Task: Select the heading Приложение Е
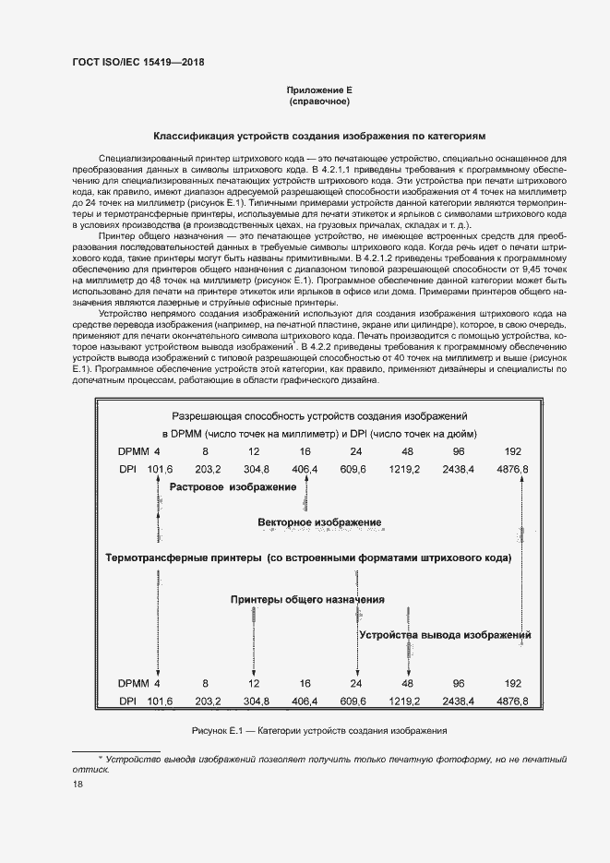[320, 90]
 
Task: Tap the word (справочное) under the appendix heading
[320, 102]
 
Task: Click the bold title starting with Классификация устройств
[319, 135]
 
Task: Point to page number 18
[78, 784]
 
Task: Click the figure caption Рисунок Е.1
[318, 730]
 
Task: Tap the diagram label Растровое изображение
[233, 485]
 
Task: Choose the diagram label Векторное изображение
[319, 522]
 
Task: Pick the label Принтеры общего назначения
[307, 599]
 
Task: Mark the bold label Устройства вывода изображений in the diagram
[445, 635]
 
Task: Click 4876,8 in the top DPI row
[513, 469]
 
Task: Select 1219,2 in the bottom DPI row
[404, 701]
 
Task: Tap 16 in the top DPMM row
[305, 450]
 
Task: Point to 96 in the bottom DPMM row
[458, 683]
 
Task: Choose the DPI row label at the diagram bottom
[127, 701]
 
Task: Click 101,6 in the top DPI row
[160, 469]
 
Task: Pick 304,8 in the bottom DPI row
[254, 701]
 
